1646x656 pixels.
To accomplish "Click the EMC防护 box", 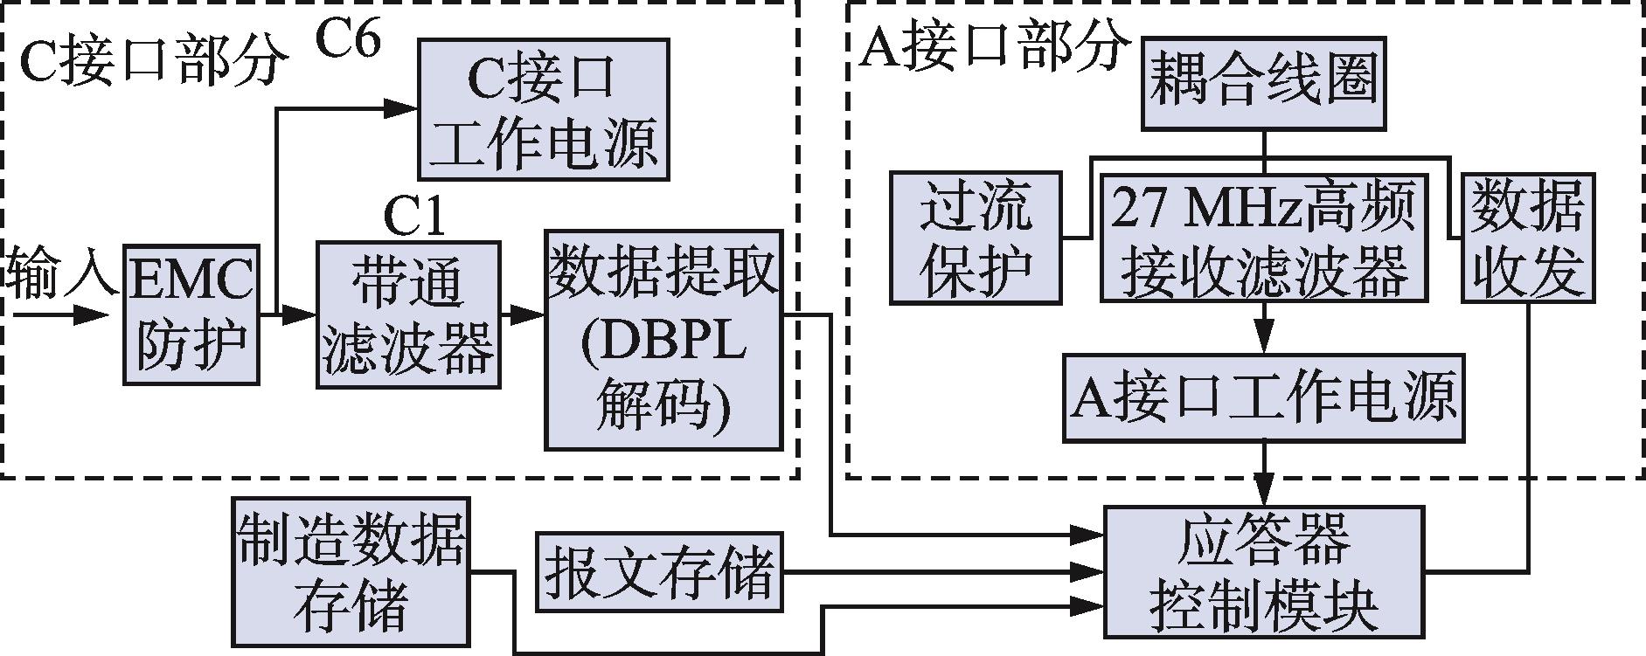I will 191,314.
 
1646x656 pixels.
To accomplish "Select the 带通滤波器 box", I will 408,314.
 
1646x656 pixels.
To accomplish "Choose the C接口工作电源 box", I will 544,109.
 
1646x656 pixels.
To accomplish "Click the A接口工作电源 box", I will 1263,397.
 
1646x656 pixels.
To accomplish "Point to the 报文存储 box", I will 658,572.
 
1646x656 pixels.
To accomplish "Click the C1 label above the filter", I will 414,218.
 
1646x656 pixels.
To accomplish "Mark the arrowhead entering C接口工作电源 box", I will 404,108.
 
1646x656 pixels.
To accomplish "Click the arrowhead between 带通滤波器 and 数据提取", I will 528,314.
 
